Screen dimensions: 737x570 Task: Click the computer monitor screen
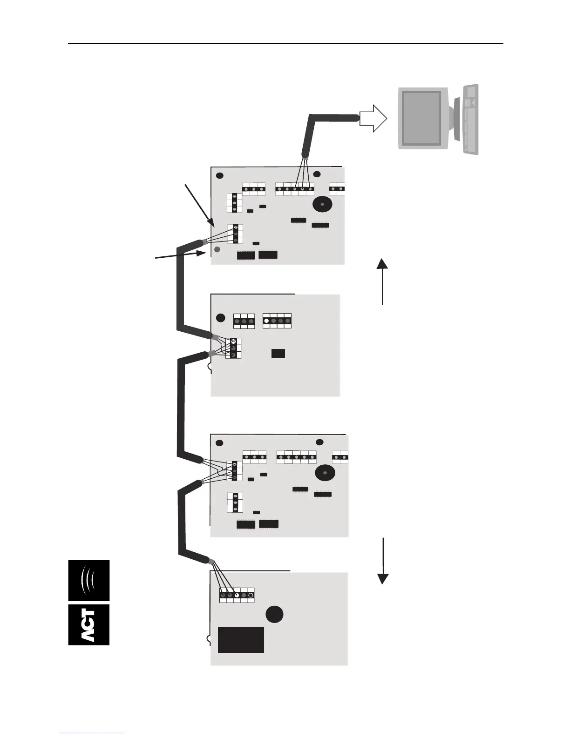coord(421,117)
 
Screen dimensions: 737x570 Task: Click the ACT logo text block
coord(89,625)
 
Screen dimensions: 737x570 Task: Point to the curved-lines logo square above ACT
coord(89,580)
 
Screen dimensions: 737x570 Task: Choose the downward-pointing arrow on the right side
coord(383,561)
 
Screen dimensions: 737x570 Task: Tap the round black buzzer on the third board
coord(325,473)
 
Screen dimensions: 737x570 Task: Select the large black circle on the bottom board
coord(275,615)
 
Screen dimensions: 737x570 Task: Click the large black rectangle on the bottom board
coord(241,640)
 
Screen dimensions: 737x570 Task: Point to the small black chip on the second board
coord(278,353)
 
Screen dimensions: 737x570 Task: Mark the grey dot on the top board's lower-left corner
coord(217,250)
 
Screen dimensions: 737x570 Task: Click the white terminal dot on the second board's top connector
coord(266,321)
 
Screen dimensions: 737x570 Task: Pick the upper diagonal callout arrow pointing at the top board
coord(199,205)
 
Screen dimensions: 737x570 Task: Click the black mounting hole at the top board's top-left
coord(220,176)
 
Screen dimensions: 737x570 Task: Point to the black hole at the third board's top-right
coord(319,442)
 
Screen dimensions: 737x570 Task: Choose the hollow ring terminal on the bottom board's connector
coord(251,595)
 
